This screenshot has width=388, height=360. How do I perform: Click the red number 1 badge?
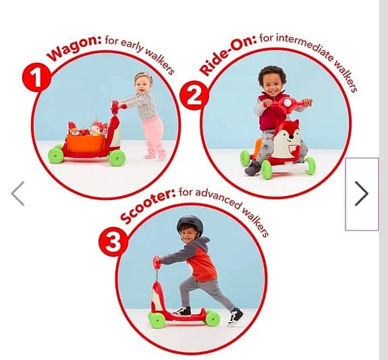pos(37,77)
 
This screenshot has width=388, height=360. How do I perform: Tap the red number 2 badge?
pos(194,96)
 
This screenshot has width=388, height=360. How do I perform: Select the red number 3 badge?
pos(113,241)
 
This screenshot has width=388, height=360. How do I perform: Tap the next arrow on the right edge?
pos(362,193)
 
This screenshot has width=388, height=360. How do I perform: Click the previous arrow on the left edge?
pos(18,193)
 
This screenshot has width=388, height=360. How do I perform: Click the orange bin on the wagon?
pos(86,143)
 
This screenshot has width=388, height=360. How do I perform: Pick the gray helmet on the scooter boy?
pos(190,225)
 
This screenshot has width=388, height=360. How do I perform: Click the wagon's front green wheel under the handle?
pos(117,158)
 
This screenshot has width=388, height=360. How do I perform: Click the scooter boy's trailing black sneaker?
pos(235,316)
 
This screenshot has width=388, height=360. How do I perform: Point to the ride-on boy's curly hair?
pos(272,74)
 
